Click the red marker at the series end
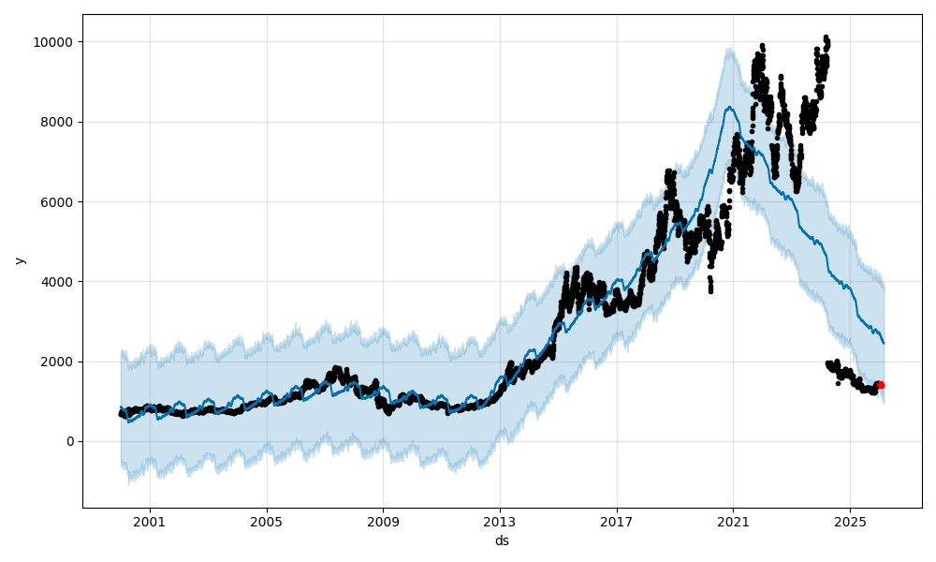[x=880, y=385]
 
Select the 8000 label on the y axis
[x=59, y=122]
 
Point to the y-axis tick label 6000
[x=59, y=201]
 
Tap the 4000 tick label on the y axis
[x=59, y=282]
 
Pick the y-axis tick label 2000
[x=59, y=362]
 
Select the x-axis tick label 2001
[x=150, y=520]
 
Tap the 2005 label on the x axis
[x=267, y=520]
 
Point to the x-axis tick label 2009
[x=383, y=520]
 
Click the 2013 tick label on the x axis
[x=500, y=520]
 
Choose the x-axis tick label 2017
[x=616, y=520]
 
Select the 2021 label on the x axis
[x=733, y=520]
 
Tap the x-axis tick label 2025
[x=849, y=520]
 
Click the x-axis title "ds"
[x=502, y=540]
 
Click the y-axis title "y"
[x=18, y=260]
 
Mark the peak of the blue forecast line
[x=729, y=107]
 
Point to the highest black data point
[x=826, y=37]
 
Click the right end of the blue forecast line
[x=884, y=343]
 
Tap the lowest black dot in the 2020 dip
[x=710, y=291]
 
